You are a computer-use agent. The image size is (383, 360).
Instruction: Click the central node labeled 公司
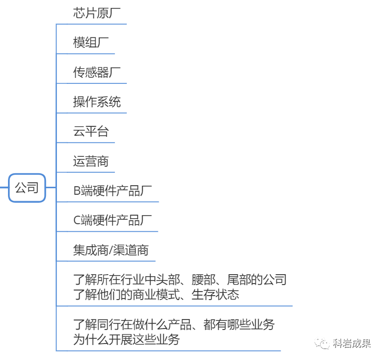27,188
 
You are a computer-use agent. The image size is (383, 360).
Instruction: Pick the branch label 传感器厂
97,73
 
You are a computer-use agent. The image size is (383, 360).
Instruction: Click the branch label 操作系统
97,102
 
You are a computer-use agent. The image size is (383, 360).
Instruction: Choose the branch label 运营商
91,161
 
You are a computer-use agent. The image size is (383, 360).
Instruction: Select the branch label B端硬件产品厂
113,191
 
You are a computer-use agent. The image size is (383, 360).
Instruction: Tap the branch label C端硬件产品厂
113,220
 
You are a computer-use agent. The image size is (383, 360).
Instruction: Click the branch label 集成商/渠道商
111,250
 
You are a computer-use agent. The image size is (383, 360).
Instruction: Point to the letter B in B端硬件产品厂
77,191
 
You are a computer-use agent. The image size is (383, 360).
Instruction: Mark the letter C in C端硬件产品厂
77,220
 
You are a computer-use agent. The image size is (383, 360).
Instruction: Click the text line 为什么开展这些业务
126,340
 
